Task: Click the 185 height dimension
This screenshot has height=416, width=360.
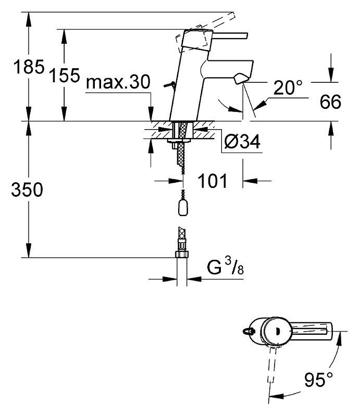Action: point(29,67)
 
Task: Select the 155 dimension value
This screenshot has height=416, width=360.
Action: point(65,75)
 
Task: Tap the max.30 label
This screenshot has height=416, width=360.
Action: point(118,82)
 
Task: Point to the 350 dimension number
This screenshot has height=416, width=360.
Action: point(27,190)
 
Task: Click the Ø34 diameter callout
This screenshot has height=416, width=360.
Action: point(242,142)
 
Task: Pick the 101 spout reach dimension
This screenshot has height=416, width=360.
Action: point(213,181)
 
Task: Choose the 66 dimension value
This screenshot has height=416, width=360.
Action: point(330,102)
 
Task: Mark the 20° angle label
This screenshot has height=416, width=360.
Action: point(288,87)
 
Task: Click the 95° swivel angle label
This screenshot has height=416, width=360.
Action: point(318,380)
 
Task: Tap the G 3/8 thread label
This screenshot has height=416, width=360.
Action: point(225,267)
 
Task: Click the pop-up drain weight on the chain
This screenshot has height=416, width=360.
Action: point(182,207)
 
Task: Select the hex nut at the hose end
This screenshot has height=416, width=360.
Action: point(182,255)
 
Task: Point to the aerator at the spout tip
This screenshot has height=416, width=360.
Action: point(241,79)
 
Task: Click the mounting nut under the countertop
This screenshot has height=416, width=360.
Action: point(179,141)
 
